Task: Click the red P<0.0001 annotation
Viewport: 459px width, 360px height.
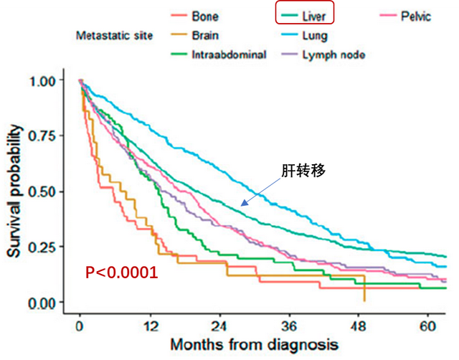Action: coord(122,273)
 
